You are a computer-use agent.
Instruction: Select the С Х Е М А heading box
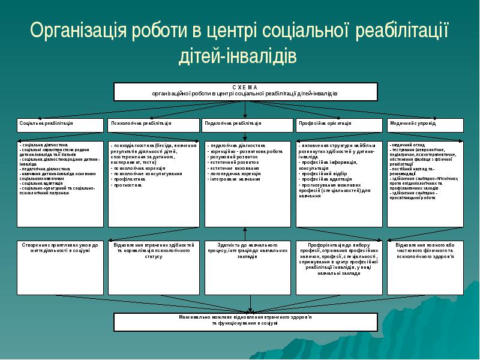[245, 91]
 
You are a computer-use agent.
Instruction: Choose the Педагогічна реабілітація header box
[245, 125]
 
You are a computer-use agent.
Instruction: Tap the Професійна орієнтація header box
[338, 125]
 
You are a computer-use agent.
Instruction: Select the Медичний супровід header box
[425, 125]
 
